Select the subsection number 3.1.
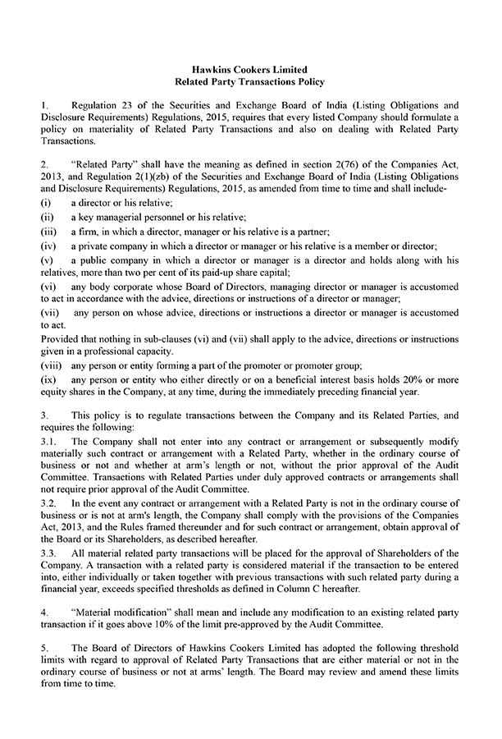48,441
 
